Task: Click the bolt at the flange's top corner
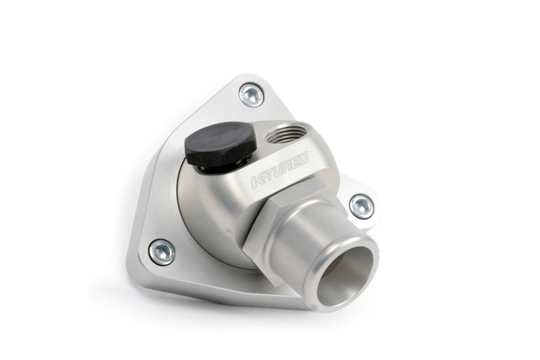[252, 95]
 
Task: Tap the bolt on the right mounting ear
[361, 207]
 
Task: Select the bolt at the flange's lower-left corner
[162, 252]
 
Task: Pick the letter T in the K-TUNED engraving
[269, 176]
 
